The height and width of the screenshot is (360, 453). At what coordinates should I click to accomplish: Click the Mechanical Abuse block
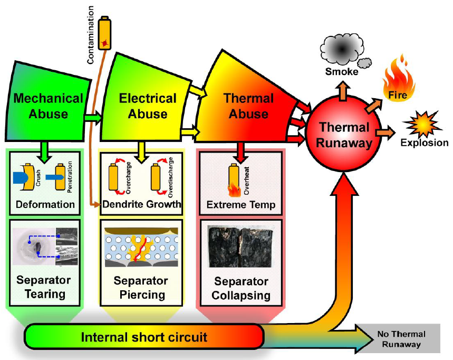(48, 106)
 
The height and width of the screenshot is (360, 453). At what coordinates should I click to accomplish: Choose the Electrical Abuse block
(147, 106)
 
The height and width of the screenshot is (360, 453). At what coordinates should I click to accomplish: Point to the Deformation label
(45, 204)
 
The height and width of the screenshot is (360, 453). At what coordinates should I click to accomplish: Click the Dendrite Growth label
(141, 204)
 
